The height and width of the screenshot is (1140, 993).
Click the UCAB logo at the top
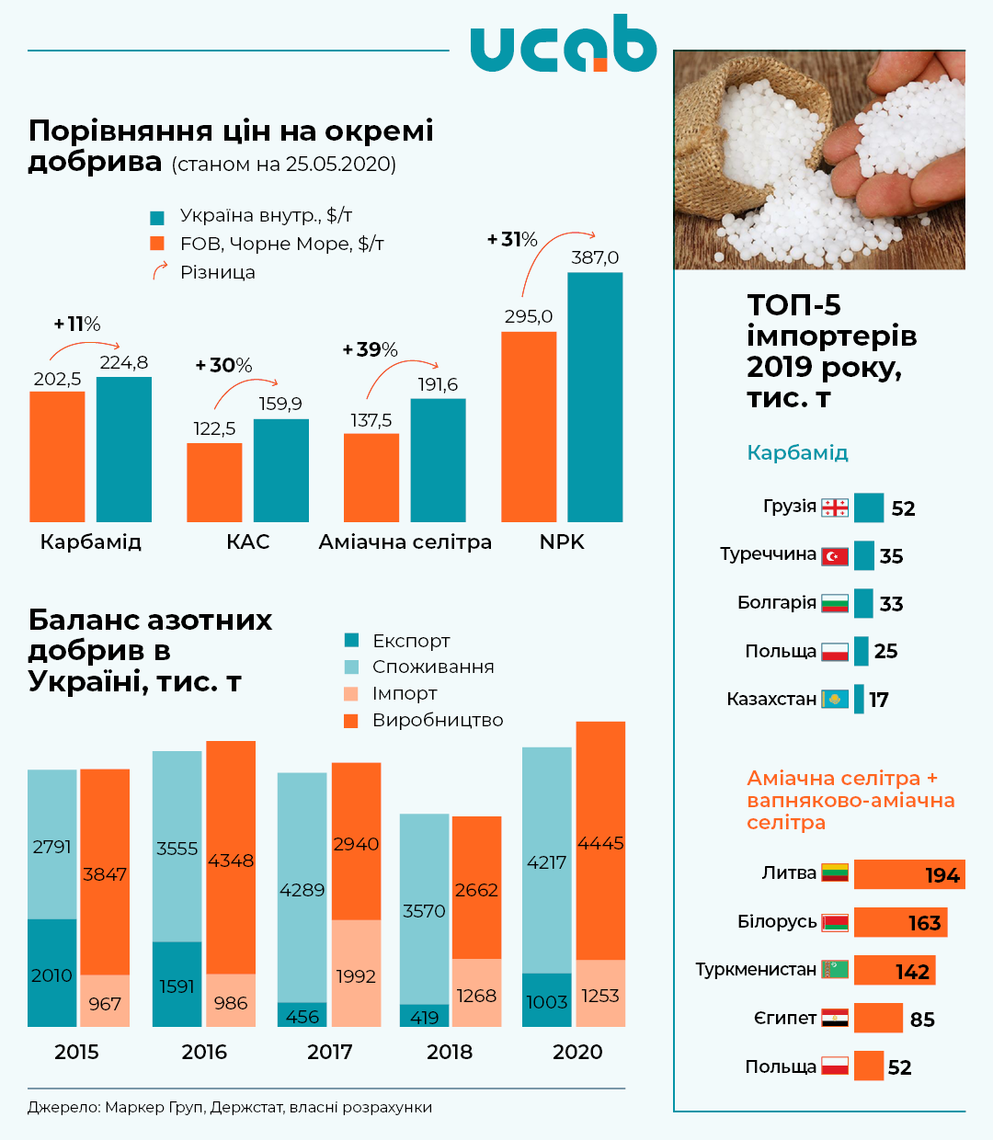coord(563,43)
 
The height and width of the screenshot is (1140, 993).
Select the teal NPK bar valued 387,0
coord(595,397)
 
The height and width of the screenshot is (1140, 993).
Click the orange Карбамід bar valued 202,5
coord(57,457)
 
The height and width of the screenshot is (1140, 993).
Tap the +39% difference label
coord(370,350)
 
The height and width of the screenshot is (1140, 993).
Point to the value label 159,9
coord(280,404)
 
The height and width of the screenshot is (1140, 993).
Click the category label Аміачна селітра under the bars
coord(405,542)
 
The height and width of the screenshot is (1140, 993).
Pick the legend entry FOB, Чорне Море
coord(281,244)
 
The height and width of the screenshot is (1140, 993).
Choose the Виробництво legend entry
coord(437,720)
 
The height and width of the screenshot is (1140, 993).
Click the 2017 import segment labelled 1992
coord(356,974)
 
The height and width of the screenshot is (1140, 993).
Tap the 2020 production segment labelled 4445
coord(600,841)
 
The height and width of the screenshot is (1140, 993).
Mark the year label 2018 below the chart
coord(450,1052)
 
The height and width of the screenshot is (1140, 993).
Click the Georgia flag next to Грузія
coord(835,507)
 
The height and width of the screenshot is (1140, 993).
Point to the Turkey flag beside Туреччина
coord(835,555)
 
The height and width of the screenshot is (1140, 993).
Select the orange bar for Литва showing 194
coord(908,874)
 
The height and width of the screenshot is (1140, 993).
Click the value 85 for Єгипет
coord(922,1020)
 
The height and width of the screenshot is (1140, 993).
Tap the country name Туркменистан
coord(756,970)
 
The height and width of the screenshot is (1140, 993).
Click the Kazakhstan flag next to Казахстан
coord(835,700)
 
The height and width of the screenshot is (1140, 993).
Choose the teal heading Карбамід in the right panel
coord(797,452)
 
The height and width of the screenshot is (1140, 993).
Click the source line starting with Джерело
coord(230,1107)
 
